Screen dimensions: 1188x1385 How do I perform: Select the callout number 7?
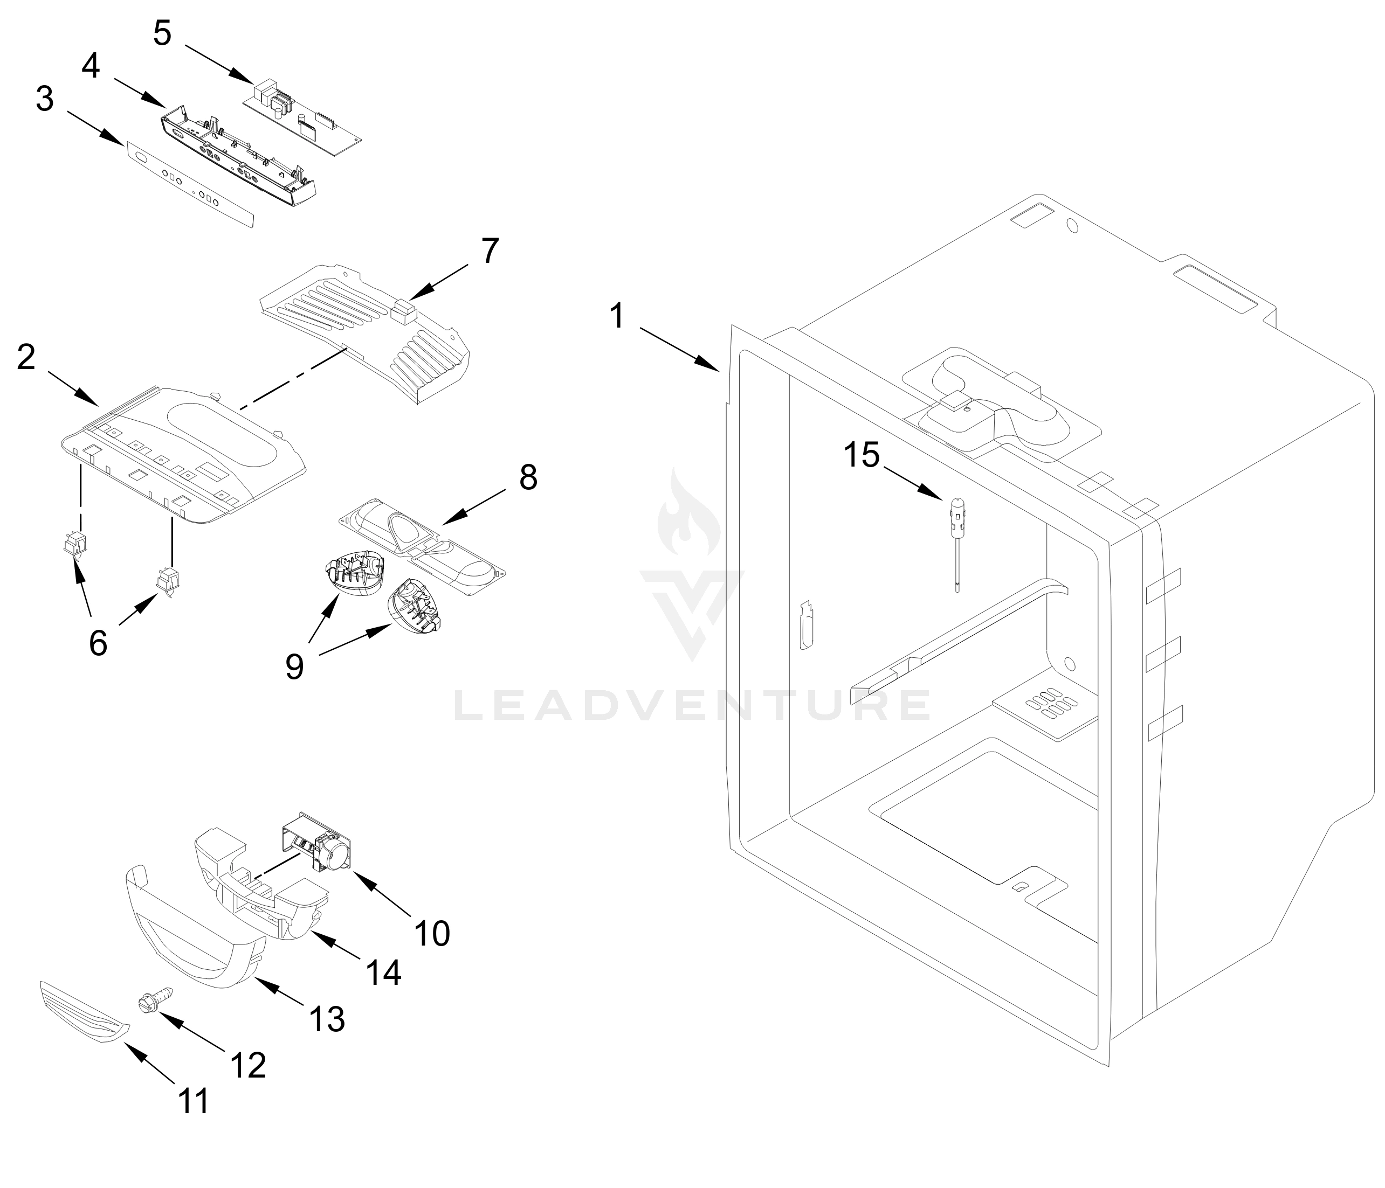(490, 251)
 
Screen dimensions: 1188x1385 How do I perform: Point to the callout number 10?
(432, 933)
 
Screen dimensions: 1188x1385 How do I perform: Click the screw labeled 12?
(154, 1002)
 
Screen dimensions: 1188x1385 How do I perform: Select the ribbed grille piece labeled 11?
(84, 1013)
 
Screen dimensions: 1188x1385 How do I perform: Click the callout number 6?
(98, 643)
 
